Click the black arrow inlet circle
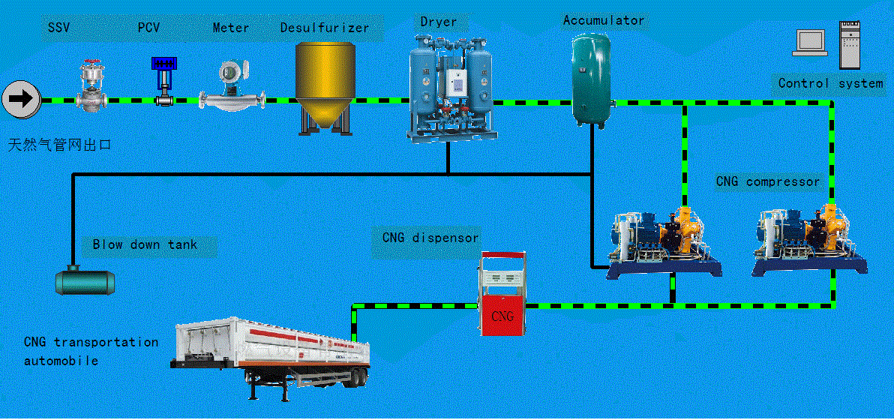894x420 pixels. pos(22,99)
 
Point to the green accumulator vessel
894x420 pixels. pos(591,79)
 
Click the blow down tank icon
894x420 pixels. pos(85,280)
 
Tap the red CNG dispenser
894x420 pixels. pos(501,294)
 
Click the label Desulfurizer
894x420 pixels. pos(325,27)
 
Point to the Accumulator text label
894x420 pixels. pos(603,20)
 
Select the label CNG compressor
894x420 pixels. pos(767,182)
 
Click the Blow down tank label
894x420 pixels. pos(145,245)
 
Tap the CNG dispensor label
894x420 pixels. pos(426,237)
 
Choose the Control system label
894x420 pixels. pos(831,83)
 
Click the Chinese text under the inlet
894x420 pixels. pos(59,145)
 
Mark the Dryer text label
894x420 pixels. pos(439,22)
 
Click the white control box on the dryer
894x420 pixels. pos(455,82)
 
